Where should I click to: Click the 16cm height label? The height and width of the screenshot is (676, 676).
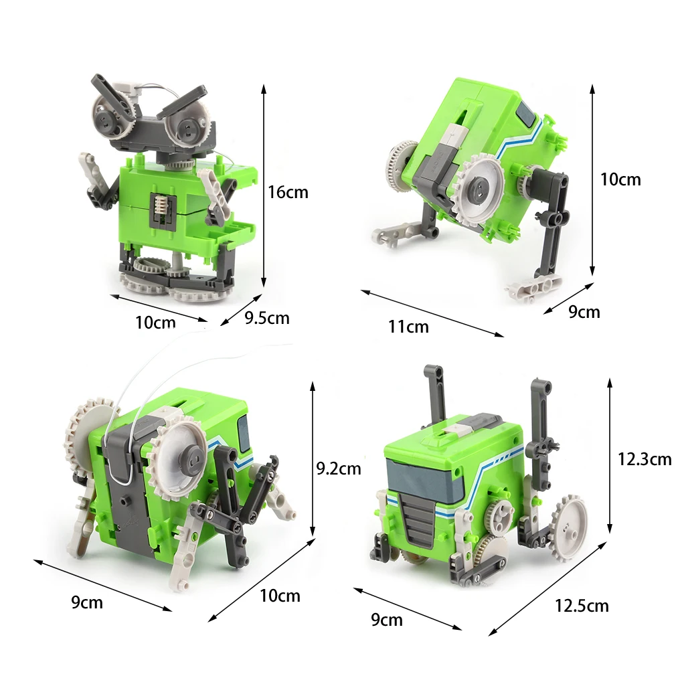288,192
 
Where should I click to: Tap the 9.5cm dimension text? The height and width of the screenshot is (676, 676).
267,318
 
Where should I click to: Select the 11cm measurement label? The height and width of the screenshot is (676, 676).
408,327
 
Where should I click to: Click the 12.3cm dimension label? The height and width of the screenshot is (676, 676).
644,458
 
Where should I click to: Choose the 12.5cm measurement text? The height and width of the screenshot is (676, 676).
581,606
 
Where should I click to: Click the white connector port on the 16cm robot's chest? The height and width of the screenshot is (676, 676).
161,203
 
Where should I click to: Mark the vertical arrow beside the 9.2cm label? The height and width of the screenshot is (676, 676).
313,459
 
